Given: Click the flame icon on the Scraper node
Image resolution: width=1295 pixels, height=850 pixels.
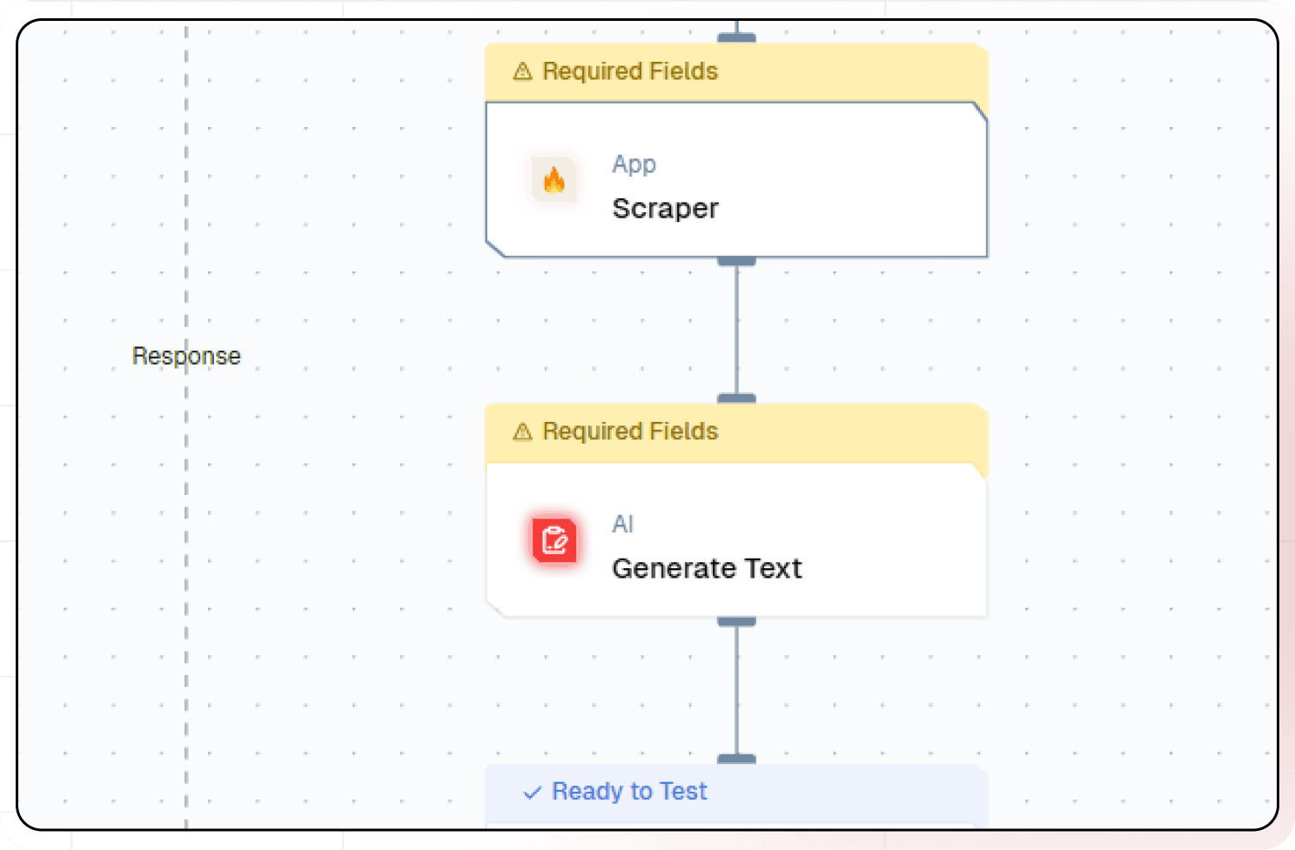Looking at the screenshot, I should pos(554,180).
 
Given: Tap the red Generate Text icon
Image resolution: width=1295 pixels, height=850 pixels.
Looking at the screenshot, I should pos(554,540).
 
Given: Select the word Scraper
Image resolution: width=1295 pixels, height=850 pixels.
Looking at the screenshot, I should pos(665,209).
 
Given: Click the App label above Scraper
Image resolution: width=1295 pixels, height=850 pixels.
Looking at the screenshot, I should pos(634,164).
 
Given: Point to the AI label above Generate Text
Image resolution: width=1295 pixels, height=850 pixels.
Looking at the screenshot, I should pos(622,525).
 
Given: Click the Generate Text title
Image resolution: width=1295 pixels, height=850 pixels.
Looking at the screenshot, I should pos(707,569).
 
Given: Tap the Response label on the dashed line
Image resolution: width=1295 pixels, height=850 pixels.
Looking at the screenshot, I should pos(186,356).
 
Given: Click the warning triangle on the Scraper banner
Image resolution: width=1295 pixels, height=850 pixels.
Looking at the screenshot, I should pos(522,71).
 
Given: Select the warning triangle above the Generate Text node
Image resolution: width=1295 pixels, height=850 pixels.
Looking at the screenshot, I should pos(522,432).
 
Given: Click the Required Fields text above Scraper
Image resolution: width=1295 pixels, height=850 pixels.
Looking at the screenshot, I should pos(630,71).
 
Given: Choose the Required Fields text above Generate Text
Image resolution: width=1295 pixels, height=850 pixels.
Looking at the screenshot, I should pos(630,432).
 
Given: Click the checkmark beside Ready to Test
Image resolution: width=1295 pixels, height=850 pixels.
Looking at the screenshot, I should pos(532,793).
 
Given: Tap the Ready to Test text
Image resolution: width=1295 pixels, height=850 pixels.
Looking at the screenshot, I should pos(629,792).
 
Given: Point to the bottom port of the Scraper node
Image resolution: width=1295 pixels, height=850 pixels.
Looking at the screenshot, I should pos(736,261).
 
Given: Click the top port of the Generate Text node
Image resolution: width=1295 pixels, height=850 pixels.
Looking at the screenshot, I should pos(736,398).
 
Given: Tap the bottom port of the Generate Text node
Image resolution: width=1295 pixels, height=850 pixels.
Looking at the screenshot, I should pos(736,621).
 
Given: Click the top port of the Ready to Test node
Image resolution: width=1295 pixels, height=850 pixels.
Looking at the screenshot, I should pos(736,760).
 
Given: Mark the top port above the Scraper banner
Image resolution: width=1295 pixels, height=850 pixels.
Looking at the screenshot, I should pos(736,38).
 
